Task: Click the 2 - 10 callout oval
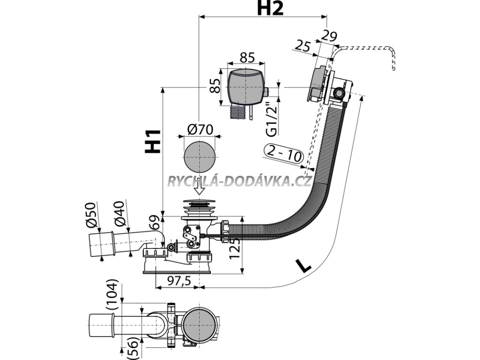(x=283, y=153)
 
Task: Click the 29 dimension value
(x=330, y=36)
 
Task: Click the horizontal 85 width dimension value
(x=247, y=58)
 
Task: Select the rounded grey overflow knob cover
(x=245, y=87)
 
